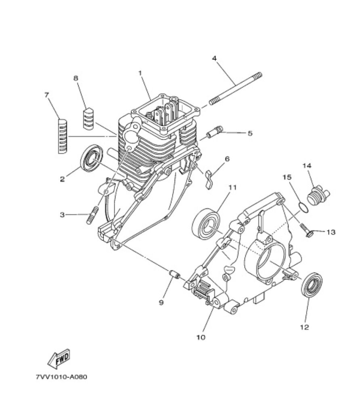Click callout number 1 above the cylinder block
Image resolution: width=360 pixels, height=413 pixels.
(140, 73)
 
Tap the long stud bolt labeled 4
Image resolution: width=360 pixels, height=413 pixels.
(236, 89)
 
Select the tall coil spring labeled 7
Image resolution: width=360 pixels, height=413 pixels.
(63, 136)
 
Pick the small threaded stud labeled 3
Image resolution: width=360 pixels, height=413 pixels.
(92, 215)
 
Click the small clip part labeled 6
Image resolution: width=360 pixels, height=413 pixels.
(209, 179)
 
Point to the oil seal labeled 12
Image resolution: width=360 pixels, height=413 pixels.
(312, 285)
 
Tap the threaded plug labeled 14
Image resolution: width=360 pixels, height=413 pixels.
(318, 195)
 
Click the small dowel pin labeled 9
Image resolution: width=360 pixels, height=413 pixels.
(174, 274)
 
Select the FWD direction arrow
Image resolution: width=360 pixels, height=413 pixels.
(59, 359)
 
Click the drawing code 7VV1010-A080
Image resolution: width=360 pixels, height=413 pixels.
(61, 377)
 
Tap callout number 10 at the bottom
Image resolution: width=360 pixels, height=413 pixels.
(201, 337)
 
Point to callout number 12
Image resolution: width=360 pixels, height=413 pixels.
(304, 327)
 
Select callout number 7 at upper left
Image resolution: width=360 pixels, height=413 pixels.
(47, 95)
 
